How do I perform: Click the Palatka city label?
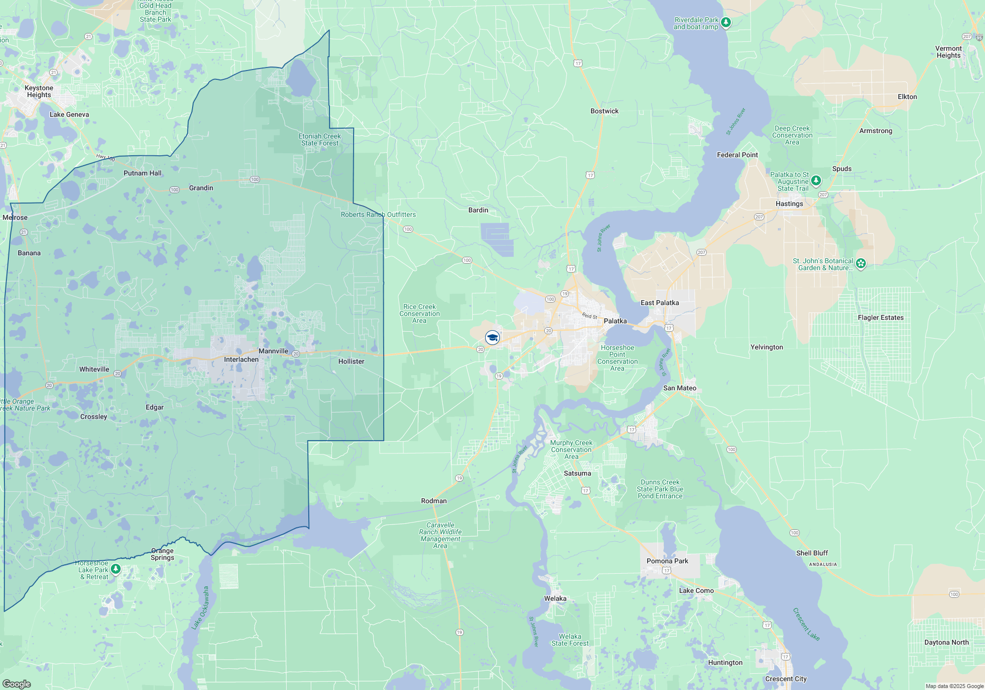point(615,321)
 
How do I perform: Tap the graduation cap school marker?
point(492,338)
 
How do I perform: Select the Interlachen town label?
point(241,359)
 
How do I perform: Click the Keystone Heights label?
point(39,91)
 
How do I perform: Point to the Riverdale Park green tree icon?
point(725,23)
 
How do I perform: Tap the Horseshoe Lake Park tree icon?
point(116,569)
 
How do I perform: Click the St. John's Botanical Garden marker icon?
point(860,264)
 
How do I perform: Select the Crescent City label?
point(786,679)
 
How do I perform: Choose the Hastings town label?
point(789,204)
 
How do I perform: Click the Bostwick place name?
point(604,111)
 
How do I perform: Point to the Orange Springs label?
point(163,554)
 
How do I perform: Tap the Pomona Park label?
point(667,561)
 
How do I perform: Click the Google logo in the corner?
point(16,684)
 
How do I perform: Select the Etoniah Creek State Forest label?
point(320,139)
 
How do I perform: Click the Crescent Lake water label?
point(806,624)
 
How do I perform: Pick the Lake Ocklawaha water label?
point(201,607)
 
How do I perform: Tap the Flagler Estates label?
point(881,317)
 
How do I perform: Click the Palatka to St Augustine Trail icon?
point(816,181)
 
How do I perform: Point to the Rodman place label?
point(434,501)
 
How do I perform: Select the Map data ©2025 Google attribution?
point(954,686)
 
